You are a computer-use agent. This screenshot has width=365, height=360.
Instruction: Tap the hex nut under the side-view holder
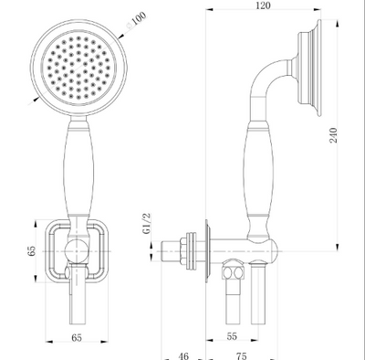[x=235, y=271]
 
